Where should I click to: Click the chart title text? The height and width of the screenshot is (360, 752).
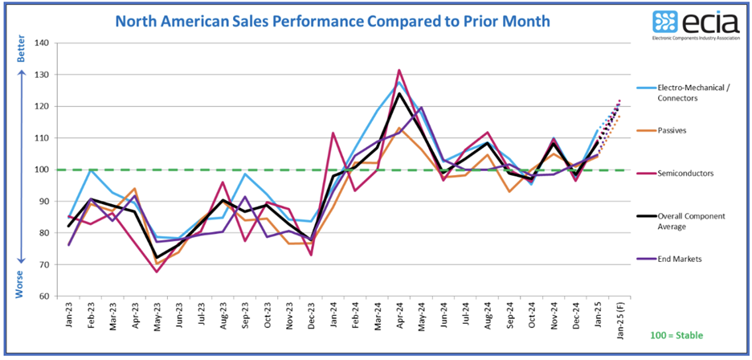tap(333, 20)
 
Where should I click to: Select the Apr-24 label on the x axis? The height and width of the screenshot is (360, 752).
tap(398, 317)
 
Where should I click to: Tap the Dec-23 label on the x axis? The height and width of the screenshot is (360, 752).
tap(310, 317)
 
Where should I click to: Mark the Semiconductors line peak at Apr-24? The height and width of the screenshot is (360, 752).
tap(399, 70)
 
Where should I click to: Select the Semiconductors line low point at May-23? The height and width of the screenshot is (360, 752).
tap(157, 272)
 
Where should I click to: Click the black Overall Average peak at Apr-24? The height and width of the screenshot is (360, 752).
tap(399, 93)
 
